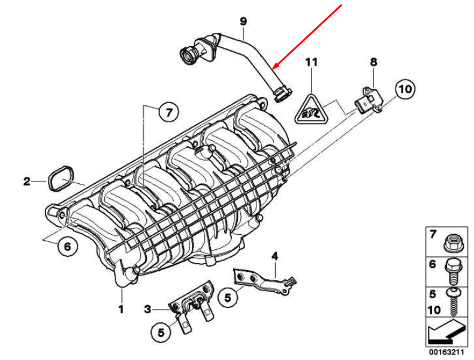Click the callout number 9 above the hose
[x=243, y=22]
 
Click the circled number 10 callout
[x=404, y=90]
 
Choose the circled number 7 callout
[x=169, y=112]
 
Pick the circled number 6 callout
[x=67, y=246]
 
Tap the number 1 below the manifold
[x=120, y=309]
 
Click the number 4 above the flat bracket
[x=274, y=256]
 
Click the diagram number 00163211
[x=446, y=353]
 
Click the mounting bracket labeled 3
[x=192, y=302]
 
